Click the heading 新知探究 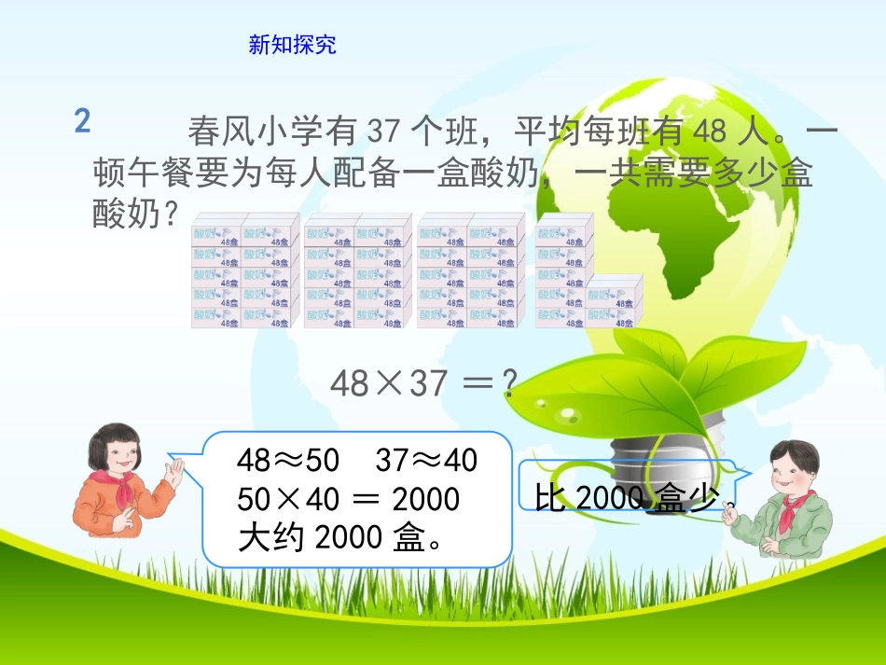(292, 45)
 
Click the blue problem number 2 (83, 121)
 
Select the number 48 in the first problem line (710, 132)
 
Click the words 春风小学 (245, 132)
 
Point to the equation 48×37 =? (423, 382)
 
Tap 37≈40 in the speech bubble (425, 460)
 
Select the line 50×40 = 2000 (348, 499)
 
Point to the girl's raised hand (173, 472)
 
